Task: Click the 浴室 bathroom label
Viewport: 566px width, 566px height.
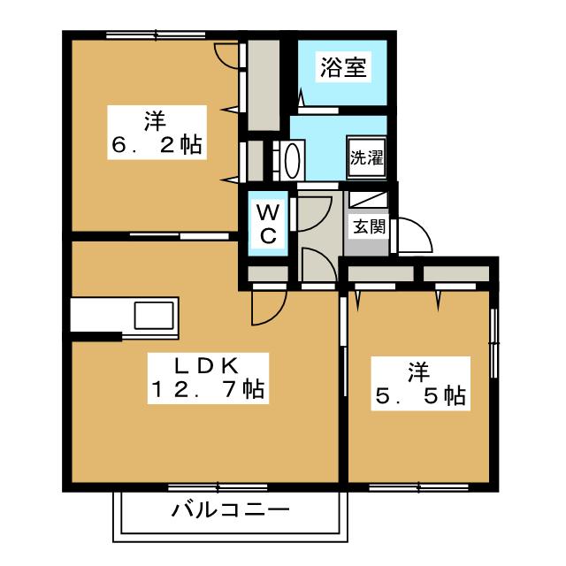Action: (x=343, y=67)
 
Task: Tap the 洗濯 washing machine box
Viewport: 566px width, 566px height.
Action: (x=366, y=157)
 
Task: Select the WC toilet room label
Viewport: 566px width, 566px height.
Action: (x=268, y=224)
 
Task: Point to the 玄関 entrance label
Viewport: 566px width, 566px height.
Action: (x=369, y=226)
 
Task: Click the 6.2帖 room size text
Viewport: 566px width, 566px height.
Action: (x=157, y=145)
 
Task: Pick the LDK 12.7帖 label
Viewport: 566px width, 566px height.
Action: (x=208, y=378)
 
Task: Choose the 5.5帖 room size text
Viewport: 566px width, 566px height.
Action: (x=421, y=396)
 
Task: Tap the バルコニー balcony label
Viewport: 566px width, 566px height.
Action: (x=231, y=510)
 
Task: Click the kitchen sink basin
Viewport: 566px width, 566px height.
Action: (x=154, y=316)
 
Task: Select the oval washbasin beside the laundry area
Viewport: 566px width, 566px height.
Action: (x=292, y=161)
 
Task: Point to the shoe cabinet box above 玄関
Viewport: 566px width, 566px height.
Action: (x=368, y=199)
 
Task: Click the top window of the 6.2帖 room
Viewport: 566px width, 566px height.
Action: (x=156, y=35)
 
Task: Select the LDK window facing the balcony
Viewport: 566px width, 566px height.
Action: (x=218, y=487)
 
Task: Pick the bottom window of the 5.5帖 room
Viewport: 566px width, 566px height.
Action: (x=418, y=487)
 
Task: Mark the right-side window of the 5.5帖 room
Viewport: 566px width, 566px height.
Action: (x=495, y=343)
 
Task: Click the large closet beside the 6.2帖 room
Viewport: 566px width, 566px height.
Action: (x=264, y=86)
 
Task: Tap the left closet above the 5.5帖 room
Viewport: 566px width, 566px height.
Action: (x=380, y=273)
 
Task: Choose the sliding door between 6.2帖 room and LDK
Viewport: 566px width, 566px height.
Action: (x=180, y=236)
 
